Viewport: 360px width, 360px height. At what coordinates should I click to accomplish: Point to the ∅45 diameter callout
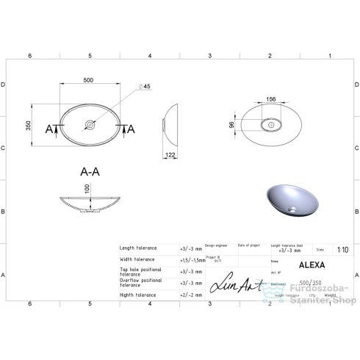145,87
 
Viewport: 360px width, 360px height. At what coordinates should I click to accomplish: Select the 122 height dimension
170,154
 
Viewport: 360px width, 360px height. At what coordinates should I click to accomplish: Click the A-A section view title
90,171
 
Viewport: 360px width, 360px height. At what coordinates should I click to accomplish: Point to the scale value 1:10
342,249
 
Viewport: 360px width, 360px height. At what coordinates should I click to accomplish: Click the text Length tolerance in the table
137,248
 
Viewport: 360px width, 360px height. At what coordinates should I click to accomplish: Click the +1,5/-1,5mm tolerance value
192,260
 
